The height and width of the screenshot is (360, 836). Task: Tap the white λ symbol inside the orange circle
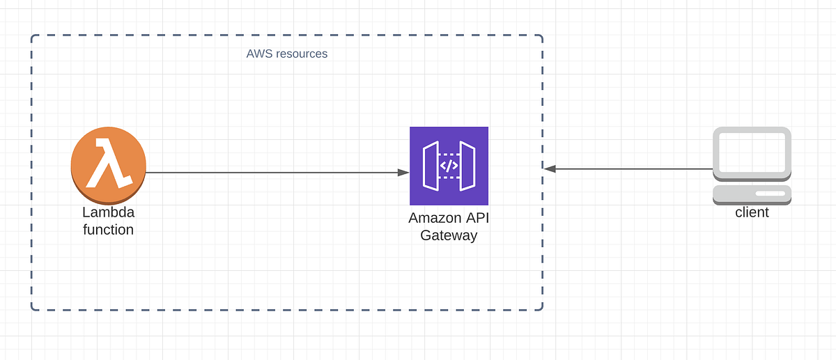click(107, 163)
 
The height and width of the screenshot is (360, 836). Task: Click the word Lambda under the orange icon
click(108, 212)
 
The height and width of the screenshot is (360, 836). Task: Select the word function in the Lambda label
click(108, 229)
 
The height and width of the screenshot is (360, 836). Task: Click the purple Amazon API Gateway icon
click(449, 166)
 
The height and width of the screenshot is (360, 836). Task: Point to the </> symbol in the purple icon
click(449, 166)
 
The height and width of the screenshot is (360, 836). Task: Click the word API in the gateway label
click(477, 218)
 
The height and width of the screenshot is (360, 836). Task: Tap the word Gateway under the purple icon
click(449, 235)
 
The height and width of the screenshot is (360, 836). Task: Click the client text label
click(752, 212)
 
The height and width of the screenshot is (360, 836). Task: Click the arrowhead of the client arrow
click(550, 169)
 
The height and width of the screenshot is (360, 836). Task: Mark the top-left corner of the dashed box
click(32, 36)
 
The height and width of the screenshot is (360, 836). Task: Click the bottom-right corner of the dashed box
click(542, 309)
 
